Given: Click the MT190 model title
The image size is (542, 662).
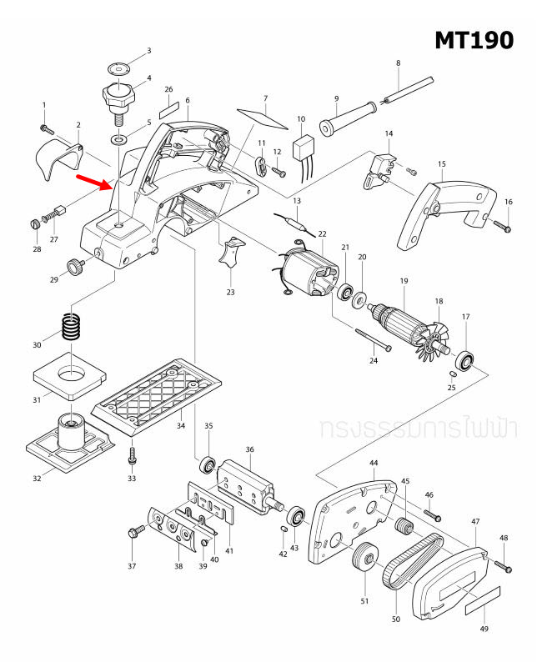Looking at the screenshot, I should pos(474,39).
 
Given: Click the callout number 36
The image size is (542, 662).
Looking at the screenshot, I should pos(249,449).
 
